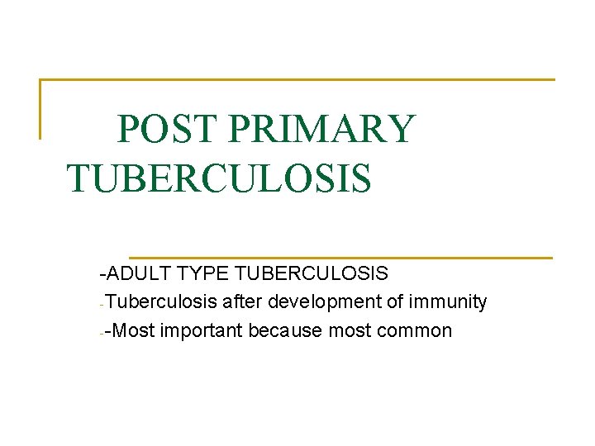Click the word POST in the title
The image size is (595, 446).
point(166,130)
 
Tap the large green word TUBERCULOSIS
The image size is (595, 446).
point(219,178)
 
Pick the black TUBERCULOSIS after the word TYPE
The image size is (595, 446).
point(314,273)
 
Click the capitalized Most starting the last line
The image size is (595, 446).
point(136,331)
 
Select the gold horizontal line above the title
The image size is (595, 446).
point(297,80)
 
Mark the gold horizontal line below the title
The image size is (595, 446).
point(340,257)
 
